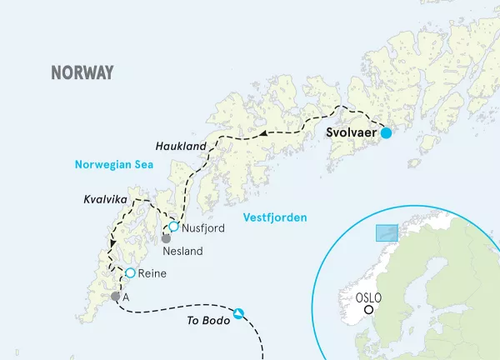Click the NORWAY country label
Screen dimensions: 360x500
82,72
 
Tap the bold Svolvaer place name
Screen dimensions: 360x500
351,132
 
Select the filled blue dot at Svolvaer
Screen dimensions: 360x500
387,132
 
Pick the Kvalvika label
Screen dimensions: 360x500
106,200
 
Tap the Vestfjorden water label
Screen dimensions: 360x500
273,217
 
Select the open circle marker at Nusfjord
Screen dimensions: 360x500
173,226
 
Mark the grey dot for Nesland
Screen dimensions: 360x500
166,238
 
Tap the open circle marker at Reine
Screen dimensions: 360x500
130,272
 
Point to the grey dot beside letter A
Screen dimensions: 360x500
115,296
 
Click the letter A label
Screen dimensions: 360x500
126,297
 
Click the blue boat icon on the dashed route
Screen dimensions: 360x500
239,313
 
